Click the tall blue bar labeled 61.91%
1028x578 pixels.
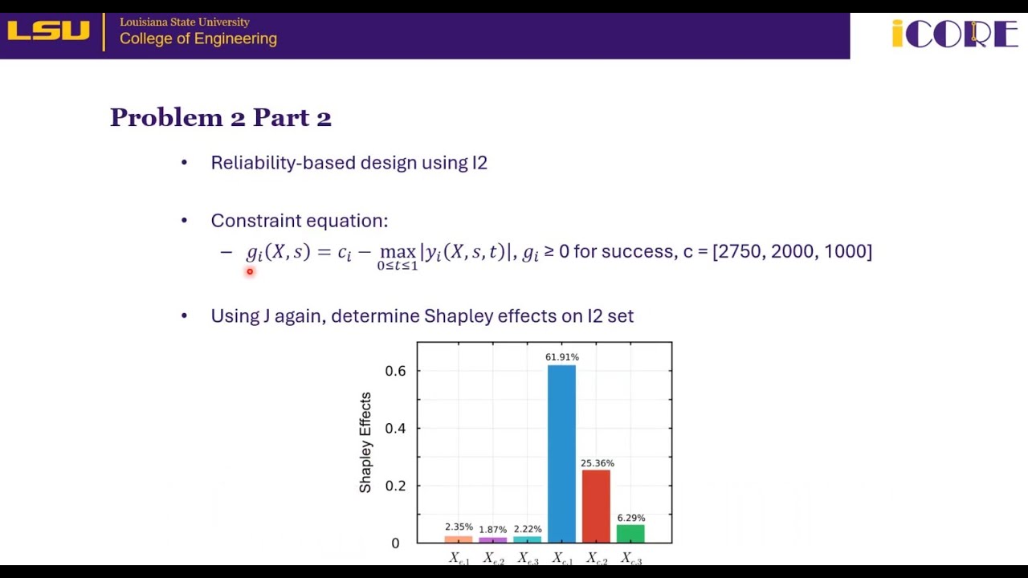[x=561, y=454]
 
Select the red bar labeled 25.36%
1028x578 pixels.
[x=596, y=506]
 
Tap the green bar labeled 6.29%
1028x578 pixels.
[x=630, y=534]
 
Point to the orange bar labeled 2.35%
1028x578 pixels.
[x=459, y=539]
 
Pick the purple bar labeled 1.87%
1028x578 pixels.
[x=492, y=540]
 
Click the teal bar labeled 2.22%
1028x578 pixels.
[x=527, y=539]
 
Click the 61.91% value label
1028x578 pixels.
[x=562, y=357]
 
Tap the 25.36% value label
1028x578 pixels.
[x=597, y=463]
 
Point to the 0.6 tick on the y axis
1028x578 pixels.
[x=395, y=371]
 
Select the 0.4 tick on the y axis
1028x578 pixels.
[x=395, y=429]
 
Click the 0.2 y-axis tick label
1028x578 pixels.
[x=395, y=486]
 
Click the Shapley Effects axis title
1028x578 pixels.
[x=365, y=442]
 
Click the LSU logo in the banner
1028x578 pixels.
[x=49, y=31]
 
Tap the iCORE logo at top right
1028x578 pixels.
[x=954, y=34]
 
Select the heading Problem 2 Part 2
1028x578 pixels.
[x=221, y=118]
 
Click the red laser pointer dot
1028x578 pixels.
[x=250, y=272]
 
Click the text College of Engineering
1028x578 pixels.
[x=198, y=39]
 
